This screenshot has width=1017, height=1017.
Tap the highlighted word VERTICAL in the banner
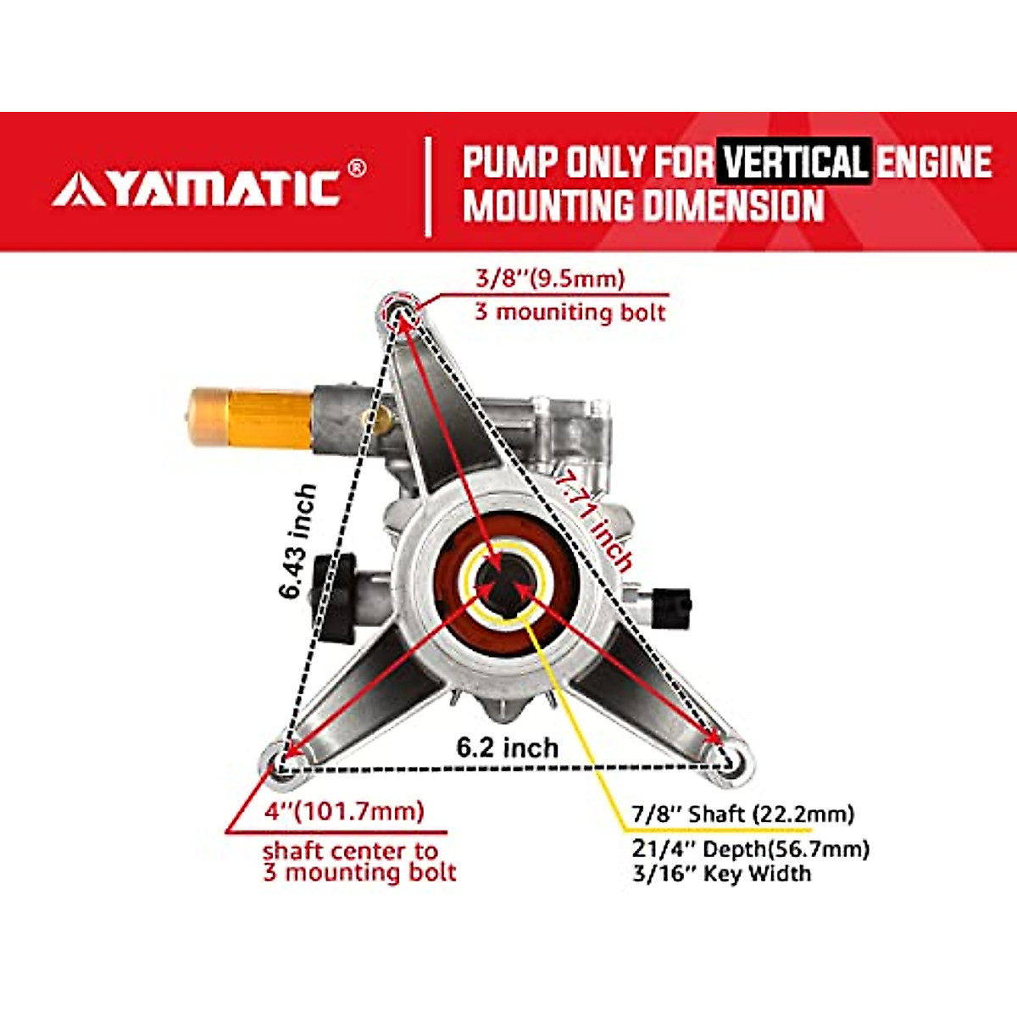[795, 162]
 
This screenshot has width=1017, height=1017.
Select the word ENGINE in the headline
[932, 162]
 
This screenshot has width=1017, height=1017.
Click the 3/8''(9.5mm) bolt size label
[549, 278]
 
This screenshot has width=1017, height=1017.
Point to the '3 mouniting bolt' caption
[570, 312]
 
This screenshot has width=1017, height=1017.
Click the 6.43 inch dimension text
[298, 542]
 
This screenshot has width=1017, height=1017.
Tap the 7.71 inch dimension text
[593, 521]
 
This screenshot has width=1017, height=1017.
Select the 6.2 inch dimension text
[507, 747]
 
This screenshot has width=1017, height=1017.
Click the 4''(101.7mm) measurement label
[344, 811]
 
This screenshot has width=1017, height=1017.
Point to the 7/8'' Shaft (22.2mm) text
[742, 814]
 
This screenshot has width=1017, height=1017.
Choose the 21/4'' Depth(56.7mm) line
[750, 848]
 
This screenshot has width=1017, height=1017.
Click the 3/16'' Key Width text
[721, 874]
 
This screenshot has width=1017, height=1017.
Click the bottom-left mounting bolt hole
[282, 757]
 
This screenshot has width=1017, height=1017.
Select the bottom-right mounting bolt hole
[732, 758]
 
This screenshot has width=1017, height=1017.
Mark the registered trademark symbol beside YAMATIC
[358, 168]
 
